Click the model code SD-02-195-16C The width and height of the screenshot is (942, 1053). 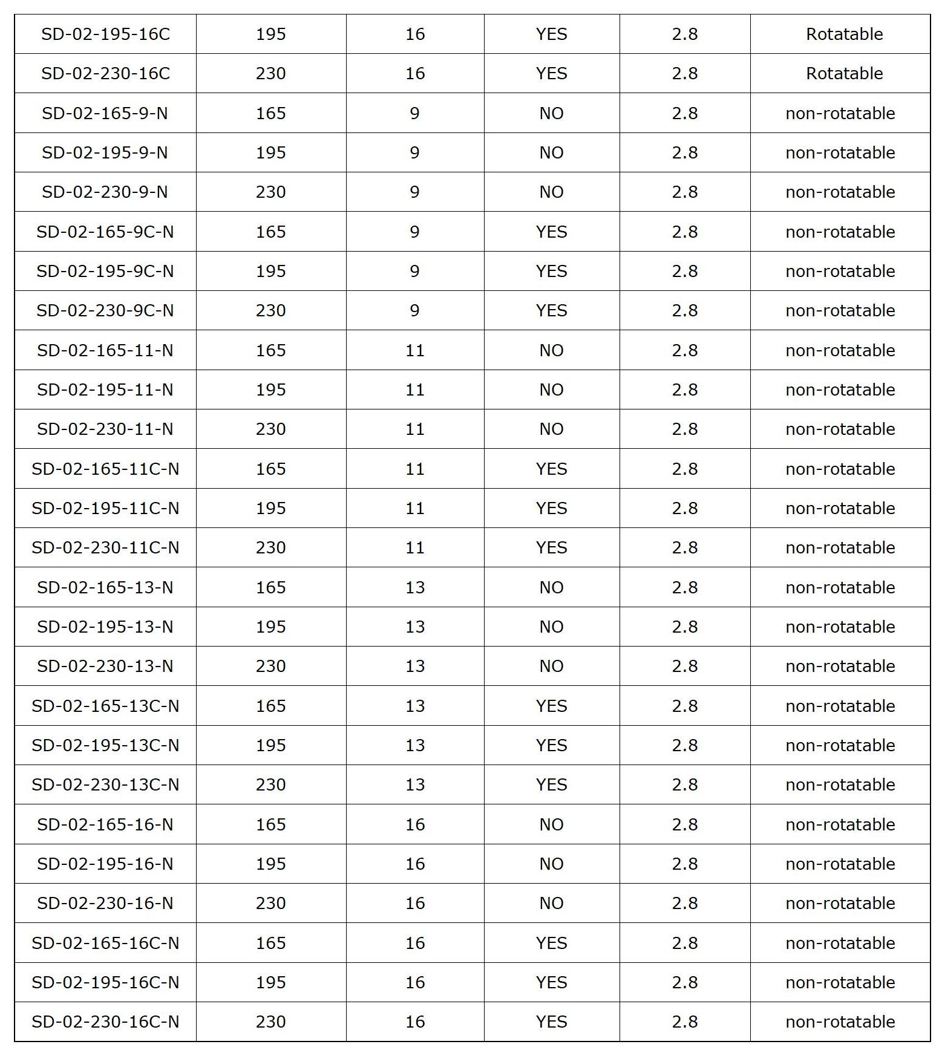click(x=105, y=34)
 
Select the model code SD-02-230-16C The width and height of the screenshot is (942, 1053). click(x=105, y=73)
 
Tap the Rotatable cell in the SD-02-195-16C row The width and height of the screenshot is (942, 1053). click(x=844, y=34)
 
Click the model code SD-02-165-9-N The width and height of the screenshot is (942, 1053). click(x=105, y=113)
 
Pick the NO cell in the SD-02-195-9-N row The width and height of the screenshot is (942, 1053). click(x=551, y=152)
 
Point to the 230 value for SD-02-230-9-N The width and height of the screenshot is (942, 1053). click(x=270, y=192)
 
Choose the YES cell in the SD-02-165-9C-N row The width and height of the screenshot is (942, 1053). click(x=551, y=232)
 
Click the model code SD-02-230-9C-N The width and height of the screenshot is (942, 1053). click(x=105, y=310)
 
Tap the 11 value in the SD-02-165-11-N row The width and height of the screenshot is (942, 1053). click(x=414, y=350)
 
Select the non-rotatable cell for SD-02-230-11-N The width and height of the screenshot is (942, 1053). click(x=840, y=429)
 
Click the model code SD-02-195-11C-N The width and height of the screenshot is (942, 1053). click(x=105, y=508)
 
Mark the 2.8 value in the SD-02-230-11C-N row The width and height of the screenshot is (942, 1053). click(x=684, y=547)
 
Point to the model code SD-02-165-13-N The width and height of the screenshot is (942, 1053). click(x=105, y=587)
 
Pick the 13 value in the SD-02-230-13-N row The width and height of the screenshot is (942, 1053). click(x=414, y=666)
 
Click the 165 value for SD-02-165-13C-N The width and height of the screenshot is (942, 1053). click(x=270, y=706)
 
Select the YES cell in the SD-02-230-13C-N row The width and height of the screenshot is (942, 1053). click(x=551, y=784)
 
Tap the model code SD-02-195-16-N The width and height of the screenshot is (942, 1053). click(x=105, y=864)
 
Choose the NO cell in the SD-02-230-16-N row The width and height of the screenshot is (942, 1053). click(x=551, y=903)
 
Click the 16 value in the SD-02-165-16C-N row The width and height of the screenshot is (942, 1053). click(x=414, y=943)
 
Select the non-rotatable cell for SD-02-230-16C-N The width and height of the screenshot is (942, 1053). click(x=840, y=1022)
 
